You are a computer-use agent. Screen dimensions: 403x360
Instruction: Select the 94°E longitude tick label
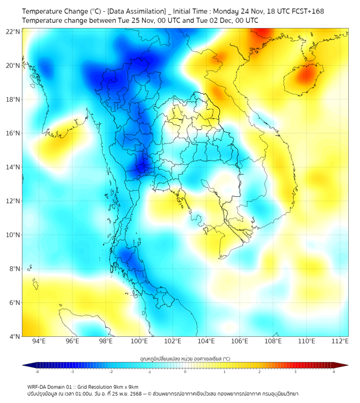pos(39,341)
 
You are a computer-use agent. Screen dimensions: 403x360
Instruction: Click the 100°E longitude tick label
pos(140,341)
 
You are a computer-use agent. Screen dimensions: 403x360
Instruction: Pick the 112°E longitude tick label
pos(340,341)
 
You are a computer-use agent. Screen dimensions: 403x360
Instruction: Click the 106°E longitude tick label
pos(240,341)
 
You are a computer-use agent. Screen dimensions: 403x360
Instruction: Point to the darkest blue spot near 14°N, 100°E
pos(142,167)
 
